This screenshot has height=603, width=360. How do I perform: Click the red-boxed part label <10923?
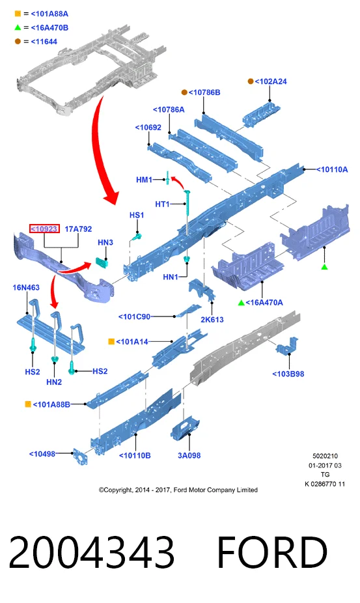coord(45,229)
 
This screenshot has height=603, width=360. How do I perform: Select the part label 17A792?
coord(78,229)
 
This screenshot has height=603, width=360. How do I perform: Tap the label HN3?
coord(105,242)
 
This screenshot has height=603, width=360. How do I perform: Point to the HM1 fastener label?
coord(145,180)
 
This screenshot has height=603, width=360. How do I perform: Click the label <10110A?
coord(331,169)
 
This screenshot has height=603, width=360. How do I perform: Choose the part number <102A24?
coord(271,81)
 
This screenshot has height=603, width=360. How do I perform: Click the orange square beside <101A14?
coord(111,341)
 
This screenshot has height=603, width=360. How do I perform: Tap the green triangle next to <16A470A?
coord(241,303)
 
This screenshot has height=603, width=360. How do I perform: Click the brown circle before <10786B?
coord(184,92)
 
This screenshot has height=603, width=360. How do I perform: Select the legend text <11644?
coord(44,42)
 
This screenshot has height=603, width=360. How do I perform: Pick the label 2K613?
coord(212,319)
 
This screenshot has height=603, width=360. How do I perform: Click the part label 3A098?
coord(189,455)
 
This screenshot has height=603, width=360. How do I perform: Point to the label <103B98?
coord(288,374)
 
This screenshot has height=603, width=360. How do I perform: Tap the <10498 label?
coord(42,454)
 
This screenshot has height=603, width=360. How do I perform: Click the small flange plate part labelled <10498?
coord(79,456)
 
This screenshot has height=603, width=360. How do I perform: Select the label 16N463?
coord(26,287)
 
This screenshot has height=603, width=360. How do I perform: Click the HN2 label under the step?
coord(54,382)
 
